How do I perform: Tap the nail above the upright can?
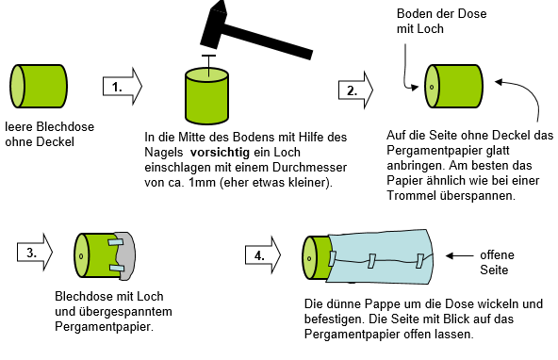tap(208, 65)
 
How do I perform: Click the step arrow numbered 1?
tap(123, 87)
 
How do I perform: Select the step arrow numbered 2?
tap(355, 90)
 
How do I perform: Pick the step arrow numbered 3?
tap(35, 253)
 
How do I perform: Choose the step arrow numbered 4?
tap(263, 255)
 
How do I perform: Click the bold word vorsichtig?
tap(220, 153)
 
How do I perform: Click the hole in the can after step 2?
tap(432, 87)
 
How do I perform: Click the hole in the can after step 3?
tap(81, 256)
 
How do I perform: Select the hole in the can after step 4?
tap(309, 258)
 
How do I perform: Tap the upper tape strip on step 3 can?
tap(116, 242)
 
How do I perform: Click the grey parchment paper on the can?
tap(126, 256)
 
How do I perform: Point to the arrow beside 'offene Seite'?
tap(459, 255)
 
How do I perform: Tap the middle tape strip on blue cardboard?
tap(371, 261)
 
